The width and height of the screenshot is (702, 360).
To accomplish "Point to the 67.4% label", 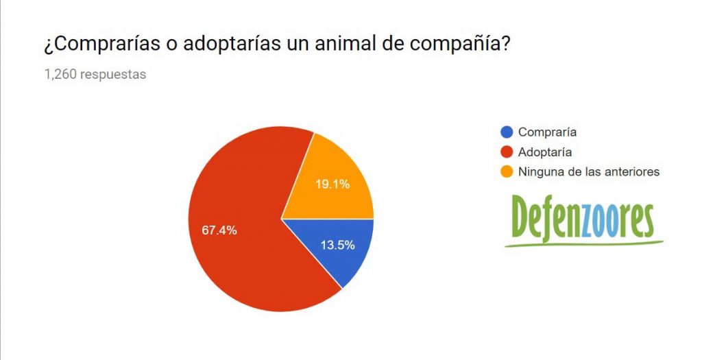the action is [x=219, y=230].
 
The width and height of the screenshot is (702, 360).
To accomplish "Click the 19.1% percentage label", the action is [x=332, y=184].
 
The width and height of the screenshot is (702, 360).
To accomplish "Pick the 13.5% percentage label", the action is [x=338, y=245].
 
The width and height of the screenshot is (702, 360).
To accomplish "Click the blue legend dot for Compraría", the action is [x=507, y=132].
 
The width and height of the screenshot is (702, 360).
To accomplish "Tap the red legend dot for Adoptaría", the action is [x=507, y=152].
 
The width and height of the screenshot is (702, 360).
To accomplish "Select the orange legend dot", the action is [x=507, y=172].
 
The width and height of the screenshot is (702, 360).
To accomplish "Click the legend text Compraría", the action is [x=547, y=132].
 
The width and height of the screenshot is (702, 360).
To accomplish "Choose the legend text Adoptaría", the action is [x=545, y=152].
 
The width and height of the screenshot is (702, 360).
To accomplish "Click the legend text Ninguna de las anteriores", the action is [x=589, y=172].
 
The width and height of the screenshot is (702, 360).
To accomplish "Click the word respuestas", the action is [x=113, y=75].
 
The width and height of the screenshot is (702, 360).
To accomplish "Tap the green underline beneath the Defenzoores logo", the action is [x=583, y=244].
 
